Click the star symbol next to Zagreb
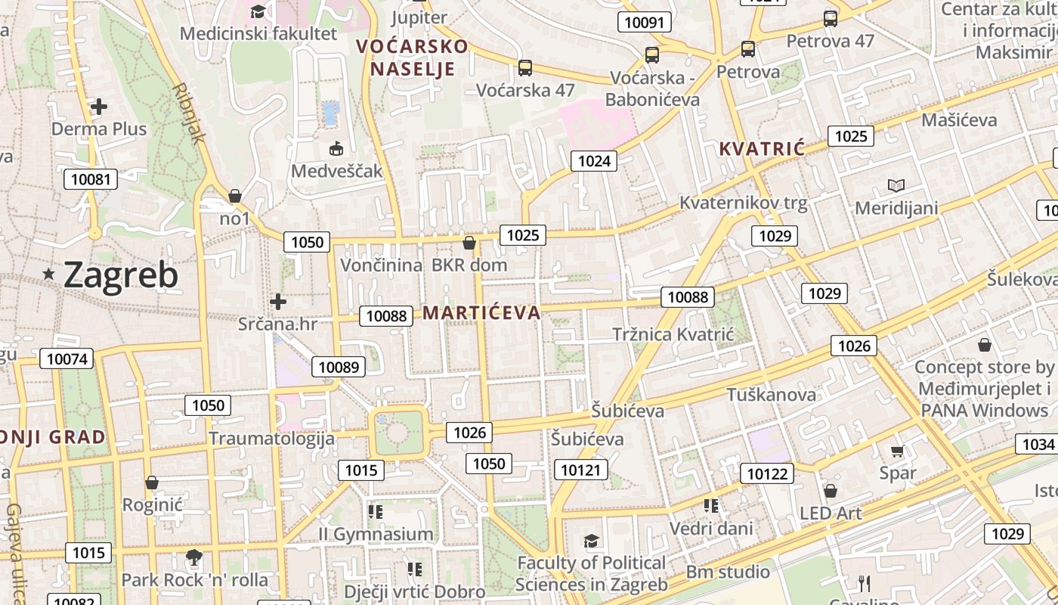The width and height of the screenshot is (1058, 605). pyautogui.click(x=49, y=274)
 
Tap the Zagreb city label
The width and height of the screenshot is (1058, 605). pyautogui.click(x=121, y=275)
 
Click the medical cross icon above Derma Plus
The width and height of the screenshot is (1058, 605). pyautogui.click(x=98, y=107)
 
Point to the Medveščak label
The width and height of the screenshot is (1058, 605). pyautogui.click(x=337, y=171)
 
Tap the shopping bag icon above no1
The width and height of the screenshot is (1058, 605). pyautogui.click(x=235, y=197)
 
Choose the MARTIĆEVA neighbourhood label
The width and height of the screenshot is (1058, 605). pyautogui.click(x=481, y=312)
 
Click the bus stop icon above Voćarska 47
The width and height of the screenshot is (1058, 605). pyautogui.click(x=525, y=68)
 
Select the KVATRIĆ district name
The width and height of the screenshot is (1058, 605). pyautogui.click(x=762, y=148)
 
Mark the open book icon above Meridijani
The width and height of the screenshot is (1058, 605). pyautogui.click(x=896, y=185)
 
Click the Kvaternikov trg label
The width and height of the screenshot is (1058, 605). pyautogui.click(x=744, y=203)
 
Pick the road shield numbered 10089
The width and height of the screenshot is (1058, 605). pyautogui.click(x=339, y=367)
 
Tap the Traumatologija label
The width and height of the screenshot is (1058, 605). pyautogui.click(x=271, y=439)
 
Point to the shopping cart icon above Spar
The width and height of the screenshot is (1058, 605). pyautogui.click(x=897, y=451)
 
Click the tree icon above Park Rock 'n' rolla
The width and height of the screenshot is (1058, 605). pyautogui.click(x=194, y=558)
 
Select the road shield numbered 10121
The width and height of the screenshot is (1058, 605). pyautogui.click(x=580, y=470)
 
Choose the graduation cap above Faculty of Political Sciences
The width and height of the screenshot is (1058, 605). pyautogui.click(x=591, y=541)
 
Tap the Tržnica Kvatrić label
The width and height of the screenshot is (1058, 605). pyautogui.click(x=673, y=334)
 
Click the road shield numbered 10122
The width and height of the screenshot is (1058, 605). pyautogui.click(x=767, y=473)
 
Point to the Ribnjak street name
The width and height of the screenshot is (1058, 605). pyautogui.click(x=189, y=113)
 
